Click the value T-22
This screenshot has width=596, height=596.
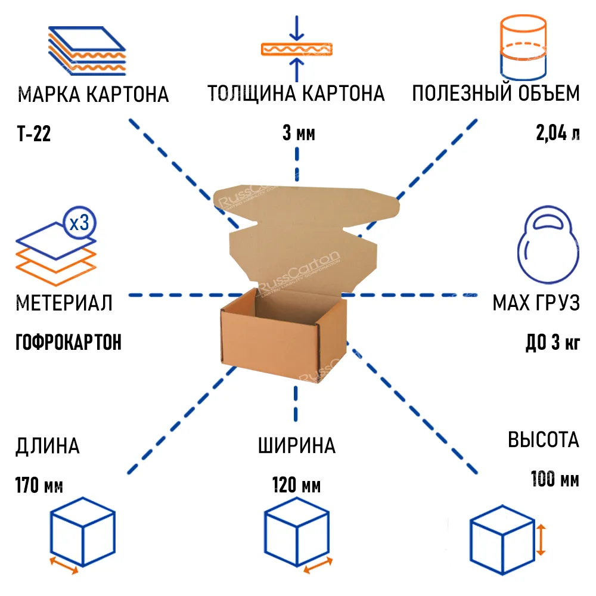[x=34, y=134]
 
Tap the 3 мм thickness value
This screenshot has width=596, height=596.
[x=299, y=133]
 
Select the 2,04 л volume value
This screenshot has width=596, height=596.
[x=558, y=133]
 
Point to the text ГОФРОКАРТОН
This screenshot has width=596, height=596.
[x=69, y=342]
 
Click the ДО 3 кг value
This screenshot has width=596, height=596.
[x=553, y=342]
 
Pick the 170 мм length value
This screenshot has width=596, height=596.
[x=39, y=485]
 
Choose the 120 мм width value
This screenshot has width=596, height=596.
[x=296, y=485]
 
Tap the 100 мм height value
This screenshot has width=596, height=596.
[x=555, y=479]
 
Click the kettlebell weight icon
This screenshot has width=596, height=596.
[x=548, y=244]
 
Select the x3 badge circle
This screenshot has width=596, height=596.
[x=79, y=223]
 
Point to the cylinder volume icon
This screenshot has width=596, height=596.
[x=523, y=48]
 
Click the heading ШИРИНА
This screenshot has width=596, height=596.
[x=297, y=446]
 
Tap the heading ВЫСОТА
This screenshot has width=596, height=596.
[x=544, y=440]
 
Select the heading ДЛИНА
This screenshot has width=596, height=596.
[x=48, y=446]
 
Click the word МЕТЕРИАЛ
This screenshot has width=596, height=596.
[x=64, y=303]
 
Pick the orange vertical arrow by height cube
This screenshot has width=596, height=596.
[x=541, y=540]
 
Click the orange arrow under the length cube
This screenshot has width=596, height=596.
[x=64, y=566]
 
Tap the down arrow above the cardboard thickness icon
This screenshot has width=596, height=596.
[x=296, y=28]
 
